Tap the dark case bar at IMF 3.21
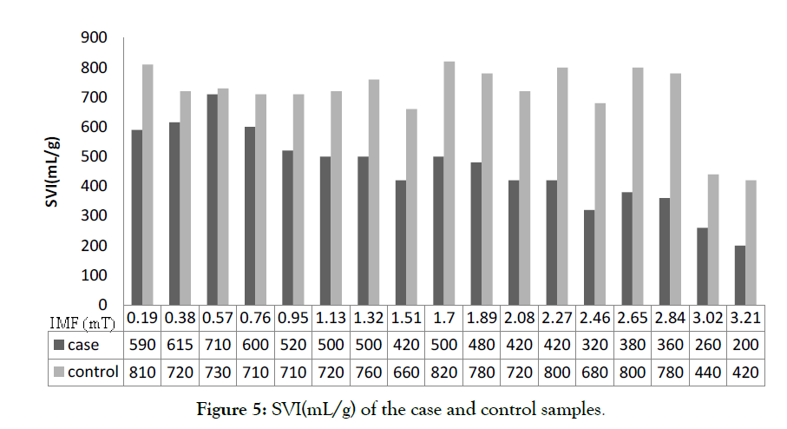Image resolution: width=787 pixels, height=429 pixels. [x=740, y=275]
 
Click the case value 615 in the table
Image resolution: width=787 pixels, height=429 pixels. [x=180, y=345]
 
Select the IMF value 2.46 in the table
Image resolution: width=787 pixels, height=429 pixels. [x=593, y=318]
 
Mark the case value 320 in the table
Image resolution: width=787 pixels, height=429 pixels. [x=593, y=345]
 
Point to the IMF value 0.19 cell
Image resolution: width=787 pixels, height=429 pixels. [x=142, y=318]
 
